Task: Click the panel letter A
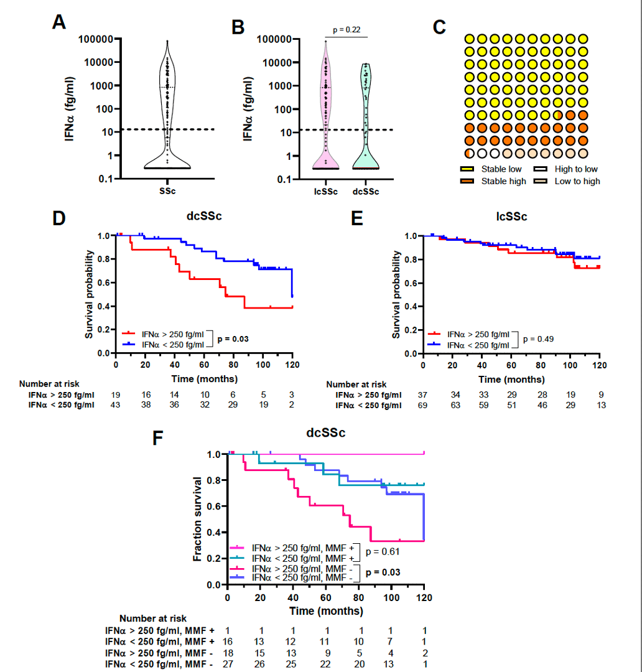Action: [59, 22]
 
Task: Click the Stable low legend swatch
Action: [467, 169]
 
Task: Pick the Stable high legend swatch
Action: [467, 181]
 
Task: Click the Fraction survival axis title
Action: [198, 519]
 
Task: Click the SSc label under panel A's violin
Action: [167, 191]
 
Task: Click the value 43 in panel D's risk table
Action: [116, 406]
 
